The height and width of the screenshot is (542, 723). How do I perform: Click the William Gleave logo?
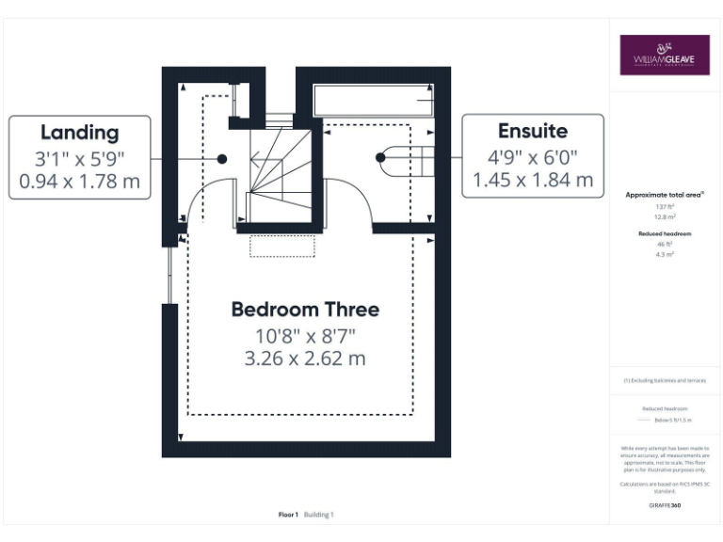pos(664,56)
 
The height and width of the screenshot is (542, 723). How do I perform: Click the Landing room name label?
pos(79,133)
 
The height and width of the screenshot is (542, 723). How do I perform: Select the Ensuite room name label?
pos(533,131)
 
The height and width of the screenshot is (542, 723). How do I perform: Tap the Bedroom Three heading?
pos(305,309)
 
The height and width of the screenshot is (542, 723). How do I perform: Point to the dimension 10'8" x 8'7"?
pos(306,335)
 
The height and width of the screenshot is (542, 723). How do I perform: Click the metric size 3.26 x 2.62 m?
pos(306,359)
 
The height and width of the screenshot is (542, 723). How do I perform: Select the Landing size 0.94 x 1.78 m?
pos(79,180)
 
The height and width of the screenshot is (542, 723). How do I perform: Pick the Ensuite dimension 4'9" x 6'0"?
pos(533,156)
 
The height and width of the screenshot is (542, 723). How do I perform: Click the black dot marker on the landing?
pos(222,159)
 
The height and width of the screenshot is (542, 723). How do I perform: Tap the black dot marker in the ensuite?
pos(382,158)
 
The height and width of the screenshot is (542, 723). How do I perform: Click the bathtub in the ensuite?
pos(372,100)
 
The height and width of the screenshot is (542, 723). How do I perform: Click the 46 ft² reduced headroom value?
pos(664,244)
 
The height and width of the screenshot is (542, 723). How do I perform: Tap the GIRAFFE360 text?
pos(665,505)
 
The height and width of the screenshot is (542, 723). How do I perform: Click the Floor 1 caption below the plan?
pos(288,515)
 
